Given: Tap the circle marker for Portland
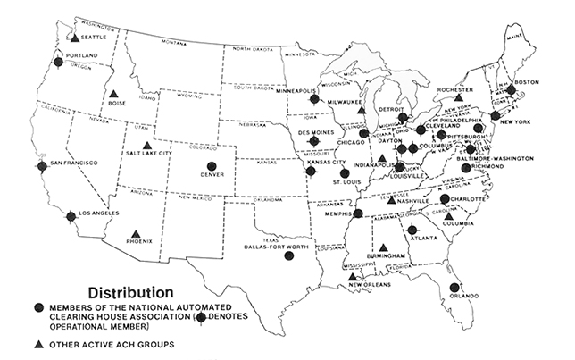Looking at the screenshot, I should [59, 63].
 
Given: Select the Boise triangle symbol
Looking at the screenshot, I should [113, 94].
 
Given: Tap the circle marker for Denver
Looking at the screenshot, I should [212, 165].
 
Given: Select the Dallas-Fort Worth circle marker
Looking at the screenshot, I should [288, 255].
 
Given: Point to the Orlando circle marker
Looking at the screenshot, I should [454, 288].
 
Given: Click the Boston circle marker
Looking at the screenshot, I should [511, 90].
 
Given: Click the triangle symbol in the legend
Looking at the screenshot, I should [38, 344].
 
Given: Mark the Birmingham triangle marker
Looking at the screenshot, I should [384, 247].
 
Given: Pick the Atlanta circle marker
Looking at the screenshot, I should [412, 230].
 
